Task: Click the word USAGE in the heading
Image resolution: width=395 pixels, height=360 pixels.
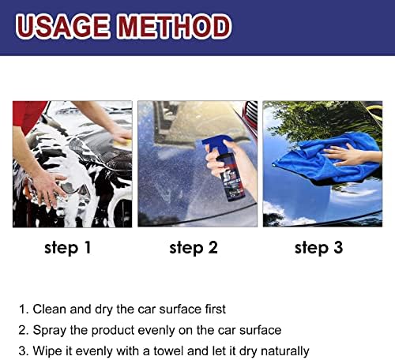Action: [62, 26]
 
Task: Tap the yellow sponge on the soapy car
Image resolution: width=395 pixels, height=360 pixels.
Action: [122, 143]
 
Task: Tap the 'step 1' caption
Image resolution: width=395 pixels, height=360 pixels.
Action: [68, 248]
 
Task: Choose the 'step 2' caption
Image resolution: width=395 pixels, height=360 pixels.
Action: [194, 248]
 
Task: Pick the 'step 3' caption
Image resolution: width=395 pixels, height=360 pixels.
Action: [318, 248]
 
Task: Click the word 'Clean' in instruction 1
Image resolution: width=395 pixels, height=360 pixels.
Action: [50, 309]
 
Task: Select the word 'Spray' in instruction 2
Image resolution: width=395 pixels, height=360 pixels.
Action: [49, 331]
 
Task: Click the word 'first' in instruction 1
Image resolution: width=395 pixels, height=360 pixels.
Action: [215, 309]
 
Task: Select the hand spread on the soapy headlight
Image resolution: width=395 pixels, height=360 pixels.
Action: [49, 189]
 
